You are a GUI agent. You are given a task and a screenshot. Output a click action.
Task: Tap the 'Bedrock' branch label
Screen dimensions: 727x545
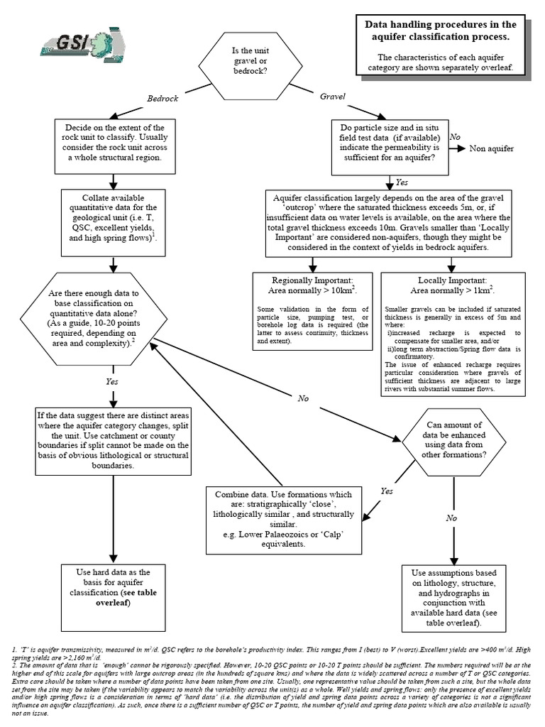pyautogui.click(x=162, y=98)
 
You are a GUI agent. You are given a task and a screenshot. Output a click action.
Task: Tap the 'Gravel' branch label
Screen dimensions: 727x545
pyautogui.click(x=332, y=95)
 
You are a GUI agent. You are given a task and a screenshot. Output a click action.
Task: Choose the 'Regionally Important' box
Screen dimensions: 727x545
pyautogui.click(x=312, y=312)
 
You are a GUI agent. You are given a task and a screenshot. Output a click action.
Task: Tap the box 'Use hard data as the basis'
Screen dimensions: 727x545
pyautogui.click(x=114, y=588)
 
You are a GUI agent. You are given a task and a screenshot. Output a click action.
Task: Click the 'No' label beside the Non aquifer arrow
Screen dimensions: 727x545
pyautogui.click(x=456, y=136)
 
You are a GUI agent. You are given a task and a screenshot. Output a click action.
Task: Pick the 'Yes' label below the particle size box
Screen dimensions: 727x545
pyautogui.click(x=402, y=182)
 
